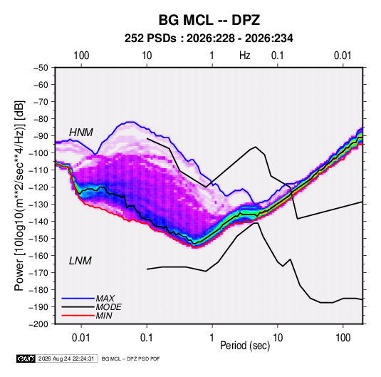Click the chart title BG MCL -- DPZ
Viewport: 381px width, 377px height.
click(x=209, y=20)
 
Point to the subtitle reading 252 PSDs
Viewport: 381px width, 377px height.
click(x=150, y=38)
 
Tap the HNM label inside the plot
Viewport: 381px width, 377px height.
click(x=81, y=133)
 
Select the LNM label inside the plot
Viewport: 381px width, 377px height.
click(x=80, y=261)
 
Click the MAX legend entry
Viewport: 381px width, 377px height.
click(x=105, y=298)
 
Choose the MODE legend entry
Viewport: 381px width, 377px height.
click(x=109, y=307)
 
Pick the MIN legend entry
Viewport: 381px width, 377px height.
click(x=104, y=316)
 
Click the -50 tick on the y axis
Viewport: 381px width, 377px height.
click(x=41, y=68)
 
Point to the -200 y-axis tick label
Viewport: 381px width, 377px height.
click(x=38, y=324)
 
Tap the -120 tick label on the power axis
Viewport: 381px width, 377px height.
click(x=38, y=187)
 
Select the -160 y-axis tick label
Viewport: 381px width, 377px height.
click(x=38, y=256)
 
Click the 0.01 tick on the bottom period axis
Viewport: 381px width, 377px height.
click(x=81, y=338)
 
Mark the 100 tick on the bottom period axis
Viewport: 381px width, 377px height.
click(x=343, y=338)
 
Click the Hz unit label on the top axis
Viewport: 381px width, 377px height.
click(x=245, y=56)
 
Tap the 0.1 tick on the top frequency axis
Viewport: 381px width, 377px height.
click(x=278, y=56)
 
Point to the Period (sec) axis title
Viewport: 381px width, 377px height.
click(x=245, y=346)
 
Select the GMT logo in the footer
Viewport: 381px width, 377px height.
click(x=26, y=358)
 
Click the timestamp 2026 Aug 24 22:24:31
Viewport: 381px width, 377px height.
click(x=66, y=358)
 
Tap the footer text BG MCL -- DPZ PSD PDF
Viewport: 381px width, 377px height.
click(x=131, y=359)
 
